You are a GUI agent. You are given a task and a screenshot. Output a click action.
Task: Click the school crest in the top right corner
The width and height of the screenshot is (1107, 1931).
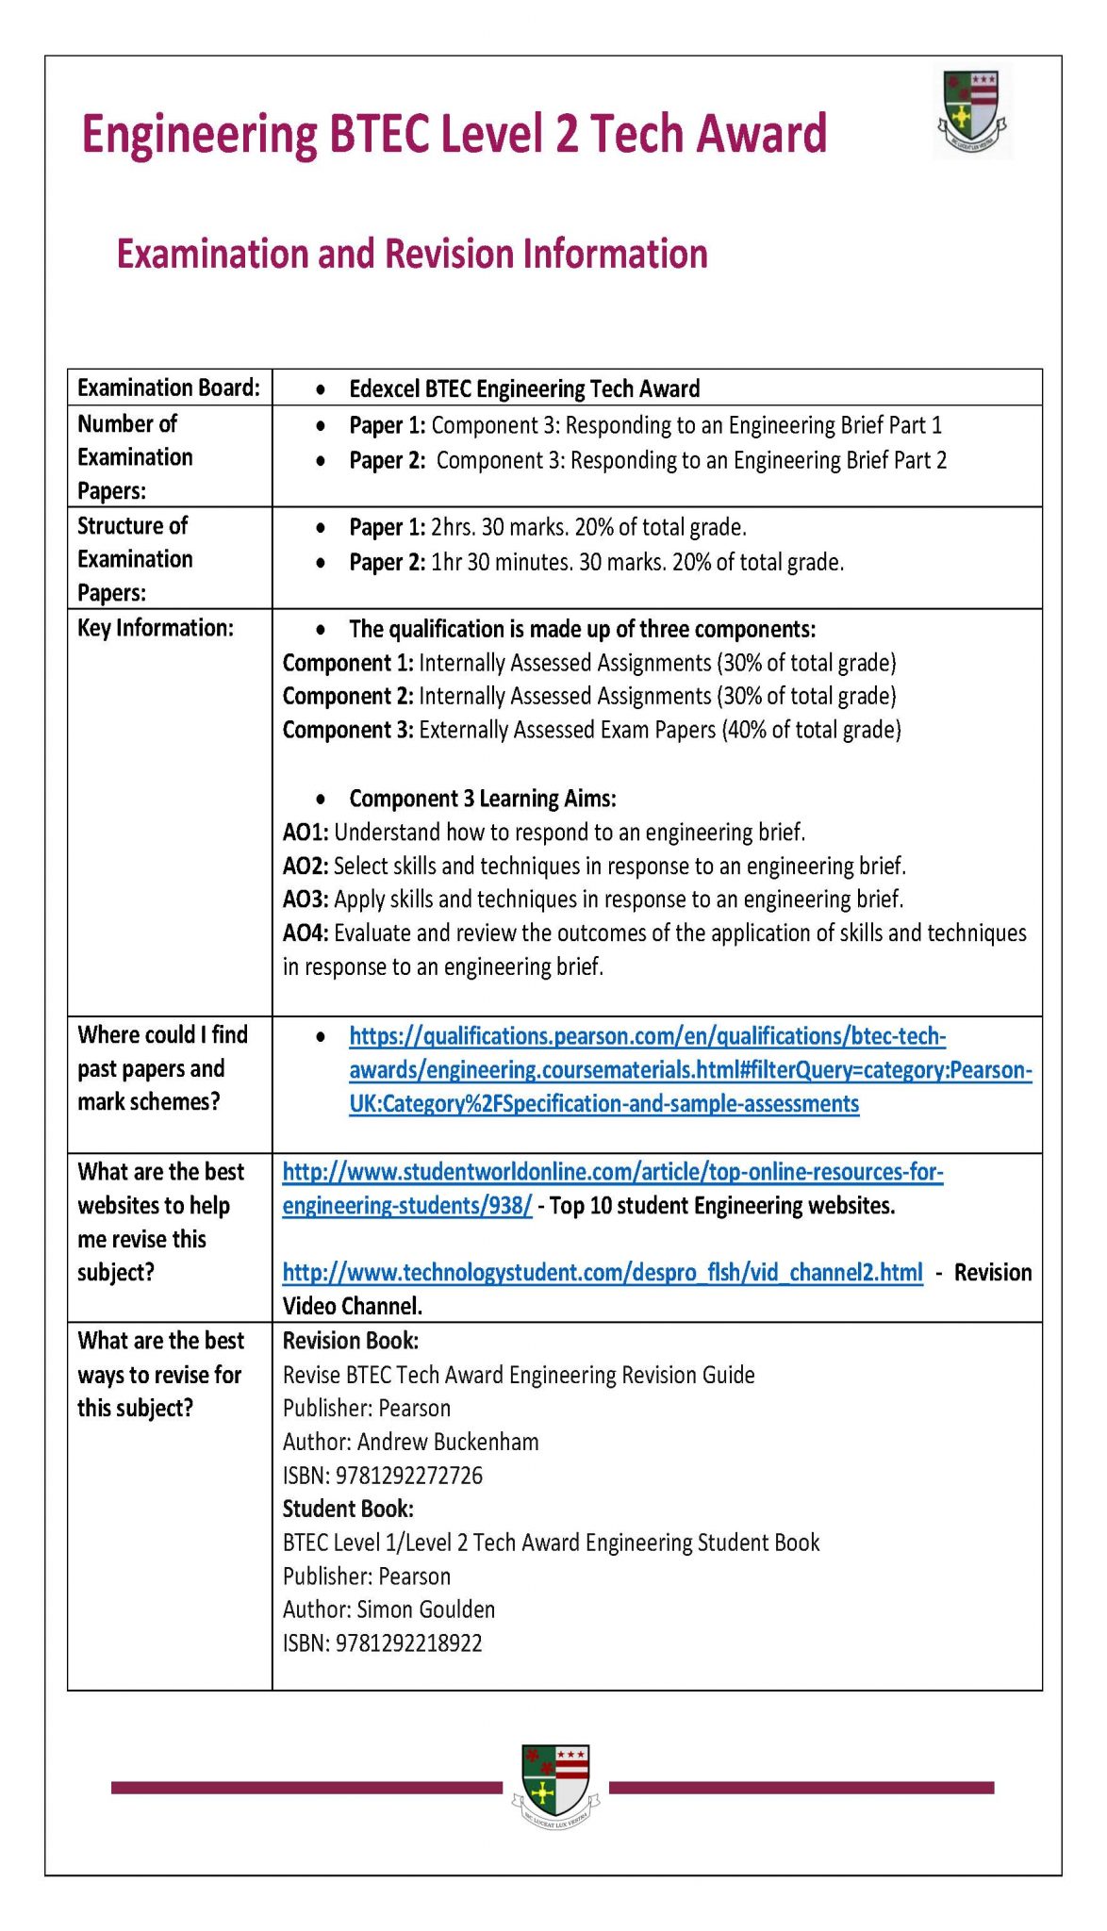[972, 113]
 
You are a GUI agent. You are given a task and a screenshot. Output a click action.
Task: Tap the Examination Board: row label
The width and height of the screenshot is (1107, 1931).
[168, 388]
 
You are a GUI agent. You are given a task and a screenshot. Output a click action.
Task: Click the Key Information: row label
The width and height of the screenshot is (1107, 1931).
[155, 628]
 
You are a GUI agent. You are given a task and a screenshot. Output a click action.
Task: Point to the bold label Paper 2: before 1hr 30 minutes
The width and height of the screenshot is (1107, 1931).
[387, 562]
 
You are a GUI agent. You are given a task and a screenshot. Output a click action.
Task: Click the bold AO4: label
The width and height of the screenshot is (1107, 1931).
[305, 932]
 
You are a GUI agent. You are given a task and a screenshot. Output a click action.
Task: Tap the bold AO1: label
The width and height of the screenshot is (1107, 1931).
[305, 832]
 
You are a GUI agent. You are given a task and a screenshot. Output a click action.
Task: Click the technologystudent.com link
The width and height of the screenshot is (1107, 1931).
[603, 1273]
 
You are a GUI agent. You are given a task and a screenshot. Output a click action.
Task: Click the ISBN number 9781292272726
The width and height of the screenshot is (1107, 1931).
[408, 1476]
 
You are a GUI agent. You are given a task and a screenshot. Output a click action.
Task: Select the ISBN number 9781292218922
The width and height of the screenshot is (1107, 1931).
[408, 1643]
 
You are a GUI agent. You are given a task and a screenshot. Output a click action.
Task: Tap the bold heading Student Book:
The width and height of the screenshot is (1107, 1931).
[348, 1509]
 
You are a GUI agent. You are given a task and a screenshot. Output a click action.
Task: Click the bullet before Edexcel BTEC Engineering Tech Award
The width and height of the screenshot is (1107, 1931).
[322, 389]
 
